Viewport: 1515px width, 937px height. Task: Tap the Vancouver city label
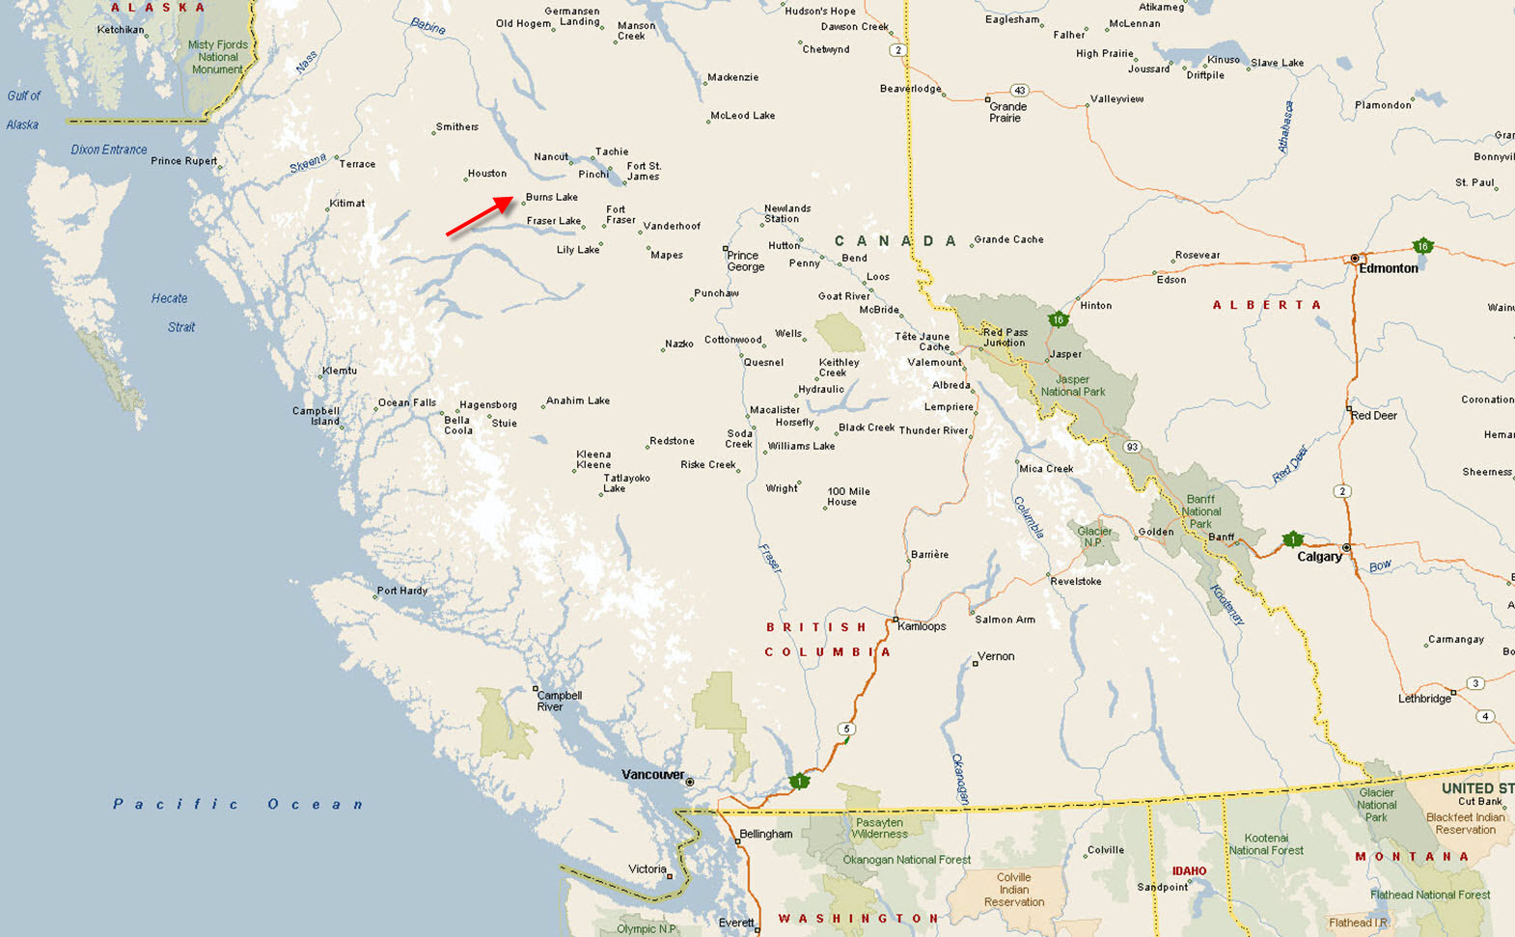coord(652,775)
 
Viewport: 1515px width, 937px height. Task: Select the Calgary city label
coord(1319,557)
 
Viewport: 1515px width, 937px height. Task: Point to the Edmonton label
coord(1388,268)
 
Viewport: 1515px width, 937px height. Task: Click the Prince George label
coord(745,262)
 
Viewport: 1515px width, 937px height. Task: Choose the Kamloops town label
coord(922,626)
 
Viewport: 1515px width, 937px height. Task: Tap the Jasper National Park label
coord(1072,386)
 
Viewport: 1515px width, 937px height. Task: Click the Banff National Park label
coord(1200,511)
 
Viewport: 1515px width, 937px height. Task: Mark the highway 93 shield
coord(1132,447)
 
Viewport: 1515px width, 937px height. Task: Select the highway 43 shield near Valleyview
coord(1019,91)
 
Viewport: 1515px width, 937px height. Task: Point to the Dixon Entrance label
coord(109,150)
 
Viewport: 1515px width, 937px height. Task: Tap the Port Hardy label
coord(401,591)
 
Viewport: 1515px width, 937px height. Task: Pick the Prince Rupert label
coord(183,161)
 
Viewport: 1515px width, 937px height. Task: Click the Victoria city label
coord(647,869)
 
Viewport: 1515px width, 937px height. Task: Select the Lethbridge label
coord(1424,699)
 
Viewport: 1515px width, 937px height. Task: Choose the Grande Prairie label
coord(1006,112)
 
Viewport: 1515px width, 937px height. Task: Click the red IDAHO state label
coord(1189,871)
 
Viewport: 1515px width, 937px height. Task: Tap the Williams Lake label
coord(801,447)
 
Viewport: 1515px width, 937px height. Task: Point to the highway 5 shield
coord(846,730)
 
